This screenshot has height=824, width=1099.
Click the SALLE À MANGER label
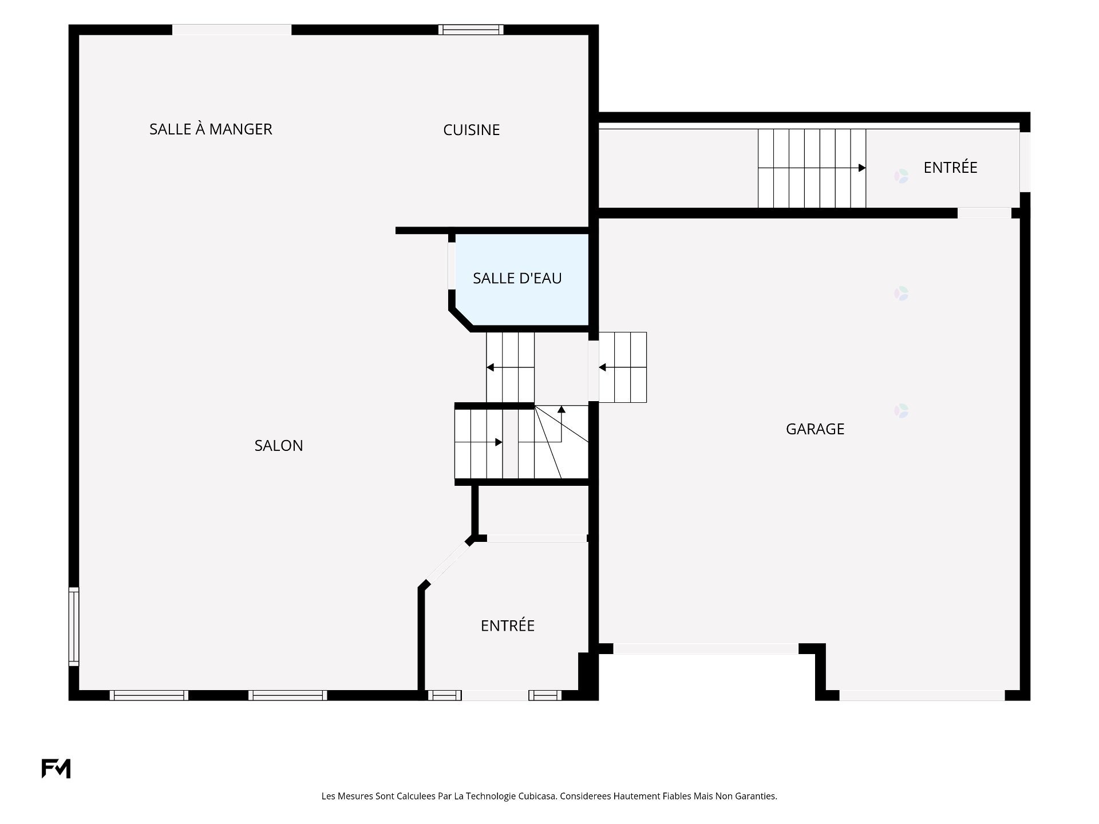coord(211,129)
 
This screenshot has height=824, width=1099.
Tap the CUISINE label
coord(472,130)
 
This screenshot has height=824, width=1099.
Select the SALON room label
coord(279,445)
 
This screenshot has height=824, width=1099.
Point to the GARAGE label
coord(815,429)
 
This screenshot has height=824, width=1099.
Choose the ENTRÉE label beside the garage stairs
coord(950,167)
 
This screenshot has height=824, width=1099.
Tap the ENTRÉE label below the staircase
coord(508,625)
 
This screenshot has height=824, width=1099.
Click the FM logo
coord(56,768)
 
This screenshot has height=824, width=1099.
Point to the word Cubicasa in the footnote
coord(537,796)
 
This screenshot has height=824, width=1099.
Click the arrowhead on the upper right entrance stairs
coord(862,168)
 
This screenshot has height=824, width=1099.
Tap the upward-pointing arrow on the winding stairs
coord(562,410)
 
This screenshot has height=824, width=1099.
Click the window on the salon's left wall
coord(74,626)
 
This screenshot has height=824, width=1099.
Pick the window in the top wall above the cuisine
coord(471,30)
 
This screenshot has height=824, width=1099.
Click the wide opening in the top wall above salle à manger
coord(232,30)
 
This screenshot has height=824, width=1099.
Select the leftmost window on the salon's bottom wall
coord(149,695)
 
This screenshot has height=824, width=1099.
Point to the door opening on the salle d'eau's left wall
coord(452,266)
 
